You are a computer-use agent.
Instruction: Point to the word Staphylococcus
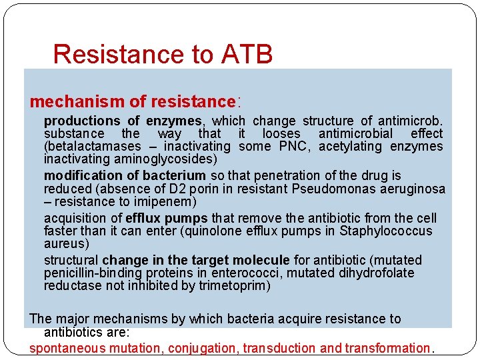pos(387,231)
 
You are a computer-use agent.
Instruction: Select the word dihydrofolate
pos(376,273)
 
